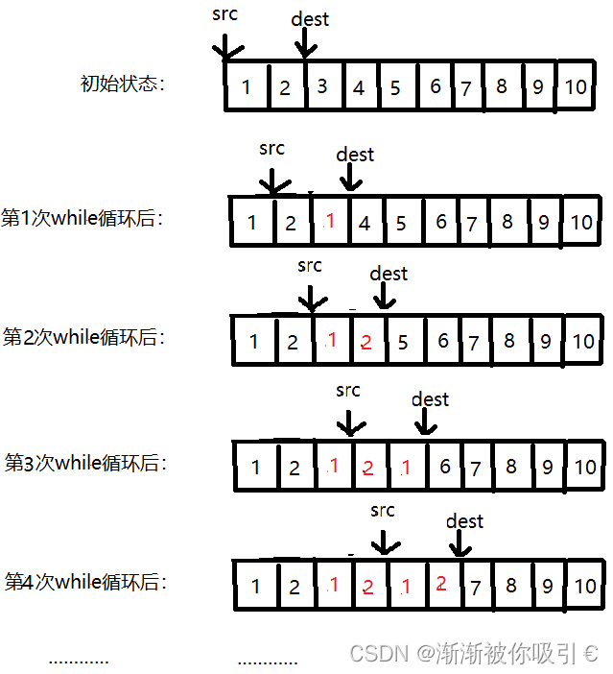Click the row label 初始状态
[x=122, y=84]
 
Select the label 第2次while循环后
[x=83, y=337]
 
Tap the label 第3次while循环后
[x=85, y=463]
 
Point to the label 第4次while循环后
[x=85, y=582]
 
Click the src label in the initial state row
[x=224, y=14]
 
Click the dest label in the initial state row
[x=309, y=19]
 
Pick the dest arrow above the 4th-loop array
[x=460, y=544]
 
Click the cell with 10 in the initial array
[x=575, y=87]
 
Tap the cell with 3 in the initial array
[x=322, y=86]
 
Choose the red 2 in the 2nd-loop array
[x=365, y=342]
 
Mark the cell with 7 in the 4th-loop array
[x=475, y=586]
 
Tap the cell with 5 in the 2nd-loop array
[x=403, y=342]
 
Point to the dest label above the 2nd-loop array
[x=389, y=274]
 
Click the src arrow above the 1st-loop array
[x=273, y=180]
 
